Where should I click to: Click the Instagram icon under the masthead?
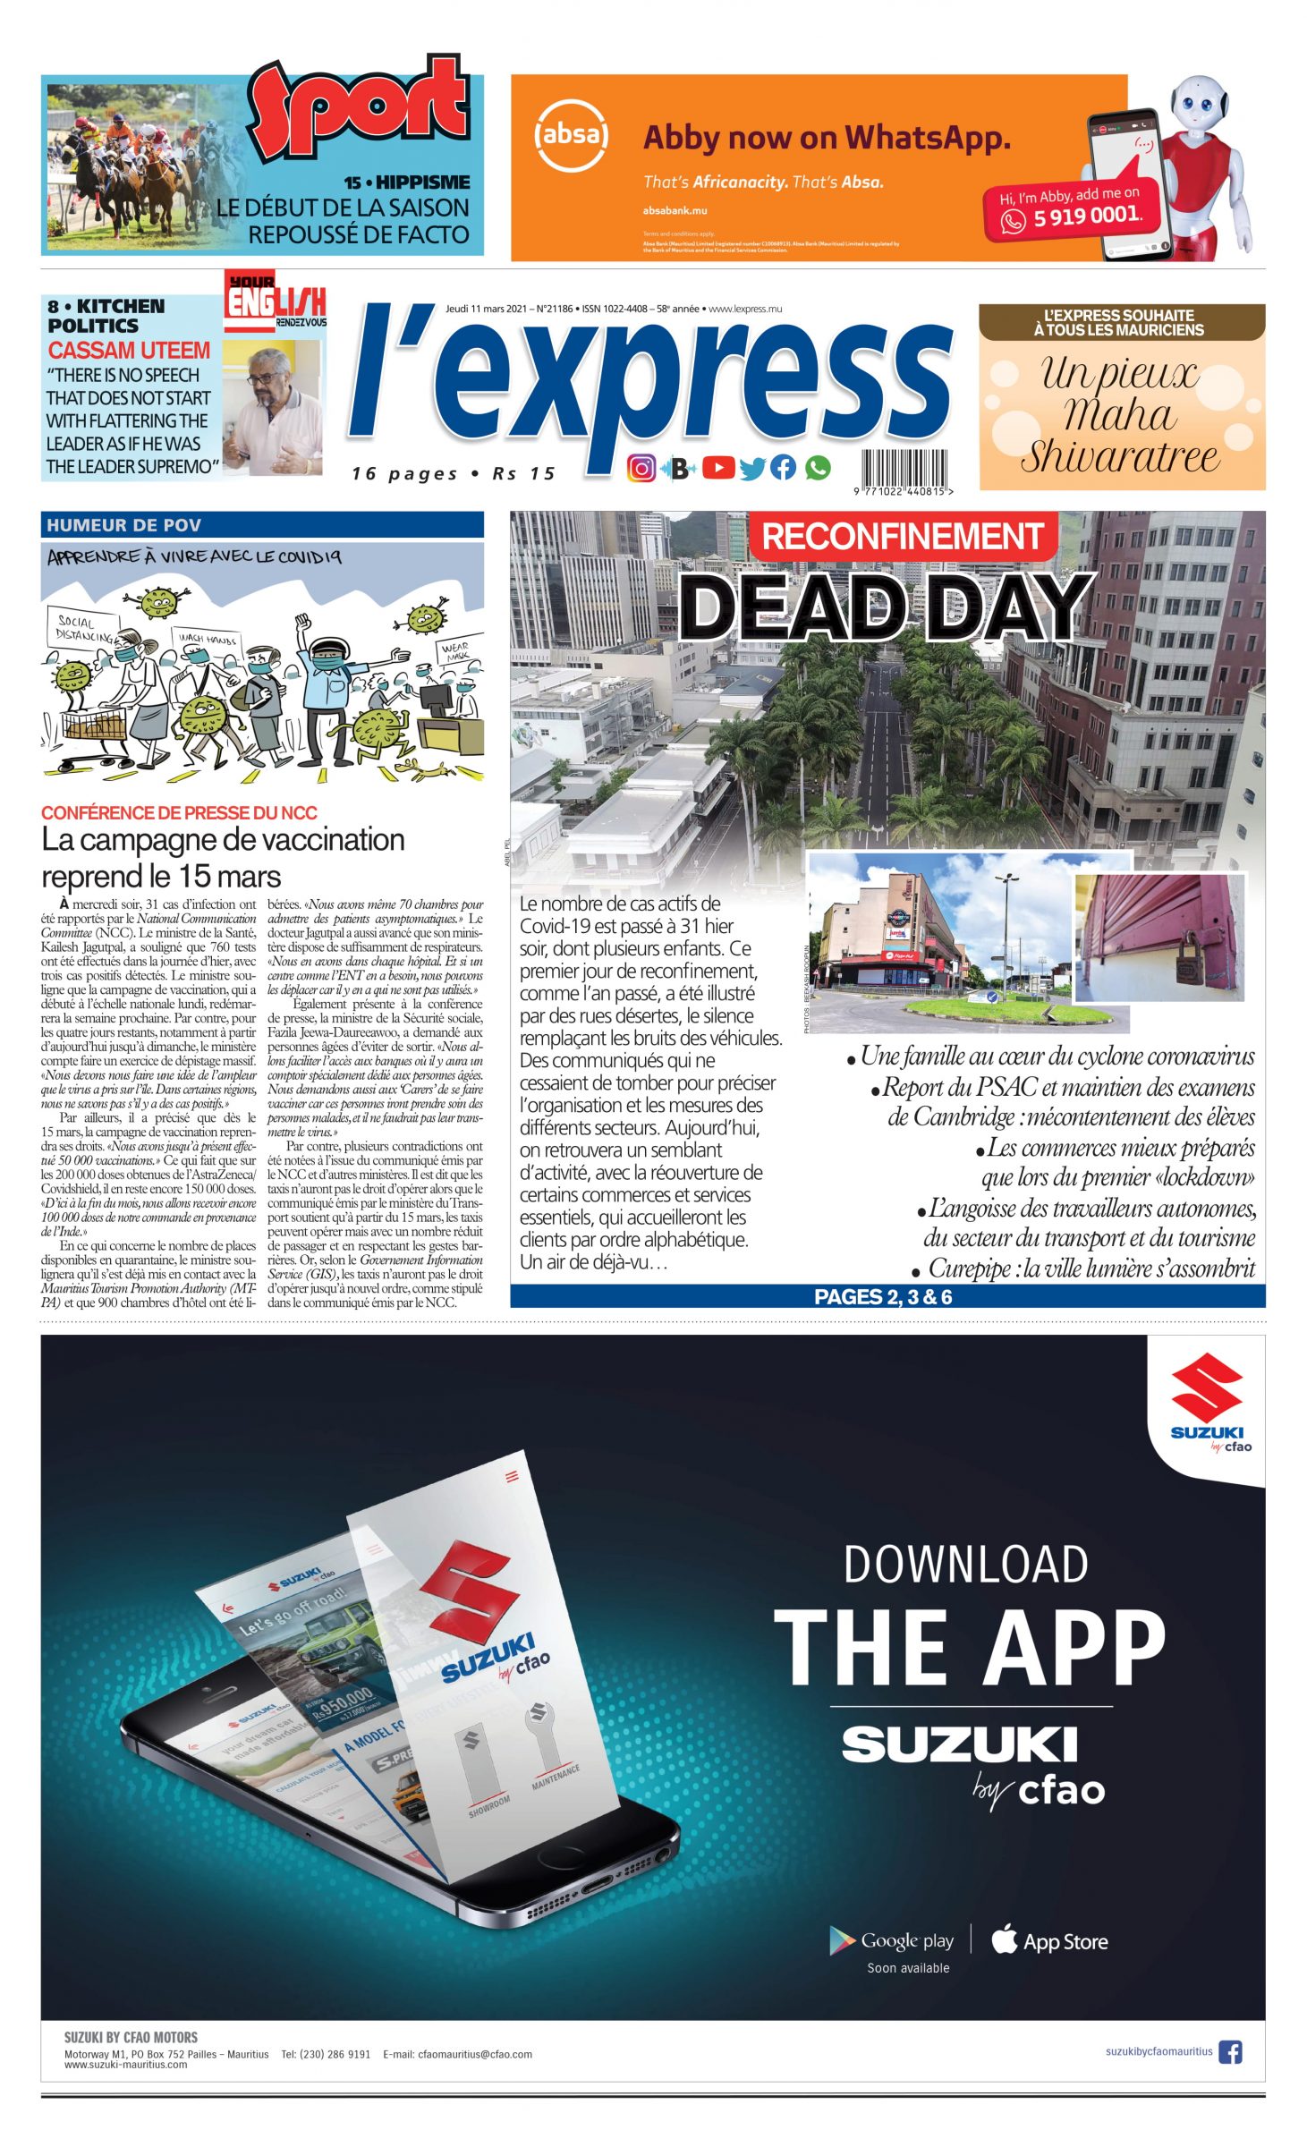pyautogui.click(x=641, y=468)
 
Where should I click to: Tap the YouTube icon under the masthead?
pyautogui.click(x=717, y=468)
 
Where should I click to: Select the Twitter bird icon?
pyautogui.click(x=751, y=468)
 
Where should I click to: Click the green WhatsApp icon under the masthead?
pyautogui.click(x=817, y=468)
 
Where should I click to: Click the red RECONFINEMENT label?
pyautogui.click(x=902, y=536)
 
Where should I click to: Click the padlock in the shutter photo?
pyautogui.click(x=1188, y=958)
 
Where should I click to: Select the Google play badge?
pyautogui.click(x=892, y=1940)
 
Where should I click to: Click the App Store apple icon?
pyautogui.click(x=1005, y=1939)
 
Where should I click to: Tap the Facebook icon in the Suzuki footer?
pyautogui.click(x=1230, y=2051)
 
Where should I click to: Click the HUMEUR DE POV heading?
pyautogui.click(x=124, y=525)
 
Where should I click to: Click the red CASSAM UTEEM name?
pyautogui.click(x=129, y=350)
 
